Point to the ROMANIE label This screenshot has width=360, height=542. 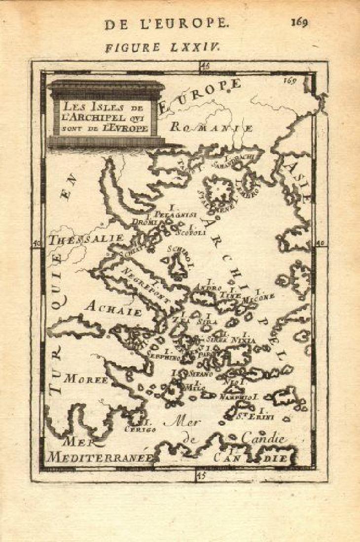click(x=211, y=127)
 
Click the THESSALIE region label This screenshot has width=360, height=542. click(x=86, y=239)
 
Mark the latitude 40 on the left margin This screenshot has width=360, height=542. click(x=36, y=243)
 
